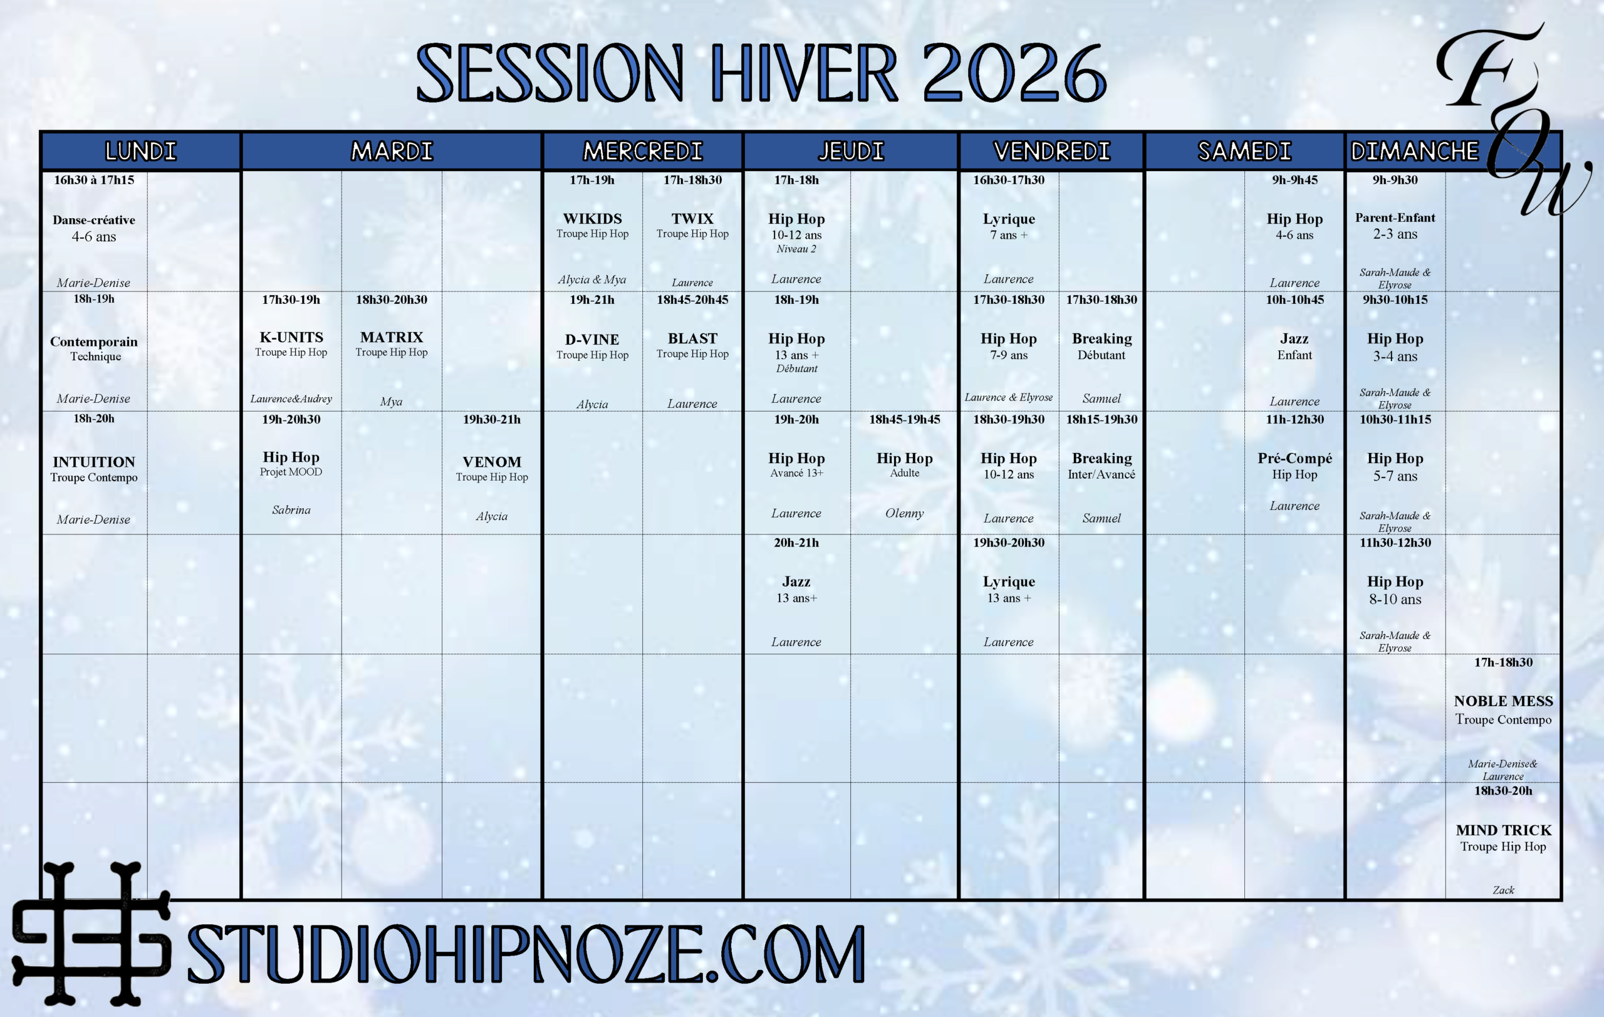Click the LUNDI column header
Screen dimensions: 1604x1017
click(x=140, y=151)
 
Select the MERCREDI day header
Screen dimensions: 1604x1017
click(x=643, y=151)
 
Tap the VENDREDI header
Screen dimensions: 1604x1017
click(x=1052, y=151)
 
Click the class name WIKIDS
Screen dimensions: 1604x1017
click(x=592, y=219)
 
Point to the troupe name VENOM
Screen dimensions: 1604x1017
click(x=492, y=462)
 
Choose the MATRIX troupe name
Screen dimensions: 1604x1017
click(x=392, y=337)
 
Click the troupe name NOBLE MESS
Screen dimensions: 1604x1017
click(x=1503, y=701)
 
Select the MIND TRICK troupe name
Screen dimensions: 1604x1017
click(x=1503, y=830)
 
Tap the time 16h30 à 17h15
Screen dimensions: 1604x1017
click(x=94, y=180)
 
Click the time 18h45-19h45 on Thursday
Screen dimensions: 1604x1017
click(x=905, y=419)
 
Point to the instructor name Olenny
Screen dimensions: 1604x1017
click(x=905, y=513)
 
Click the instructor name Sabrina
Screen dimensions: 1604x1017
click(x=291, y=509)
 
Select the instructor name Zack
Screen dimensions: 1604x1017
click(x=1503, y=890)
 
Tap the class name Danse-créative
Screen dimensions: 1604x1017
click(x=94, y=220)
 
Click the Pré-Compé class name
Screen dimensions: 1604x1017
click(x=1295, y=458)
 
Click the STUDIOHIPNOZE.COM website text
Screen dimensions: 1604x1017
click(x=526, y=954)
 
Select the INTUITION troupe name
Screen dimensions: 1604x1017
click(x=94, y=462)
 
